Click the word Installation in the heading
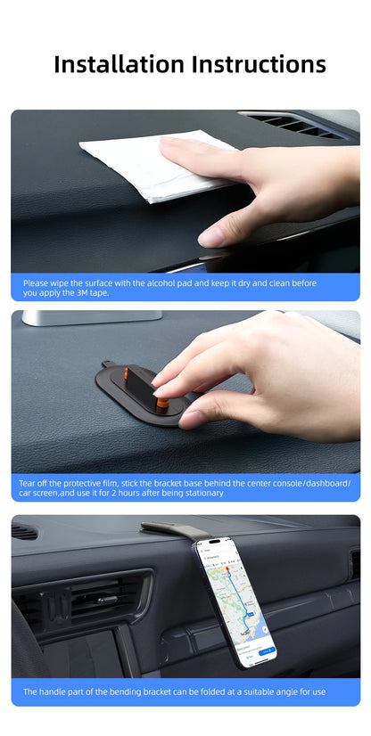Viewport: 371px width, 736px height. pos(119,64)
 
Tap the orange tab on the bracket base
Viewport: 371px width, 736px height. pos(162,403)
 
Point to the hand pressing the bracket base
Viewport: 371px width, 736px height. pos(259,373)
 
